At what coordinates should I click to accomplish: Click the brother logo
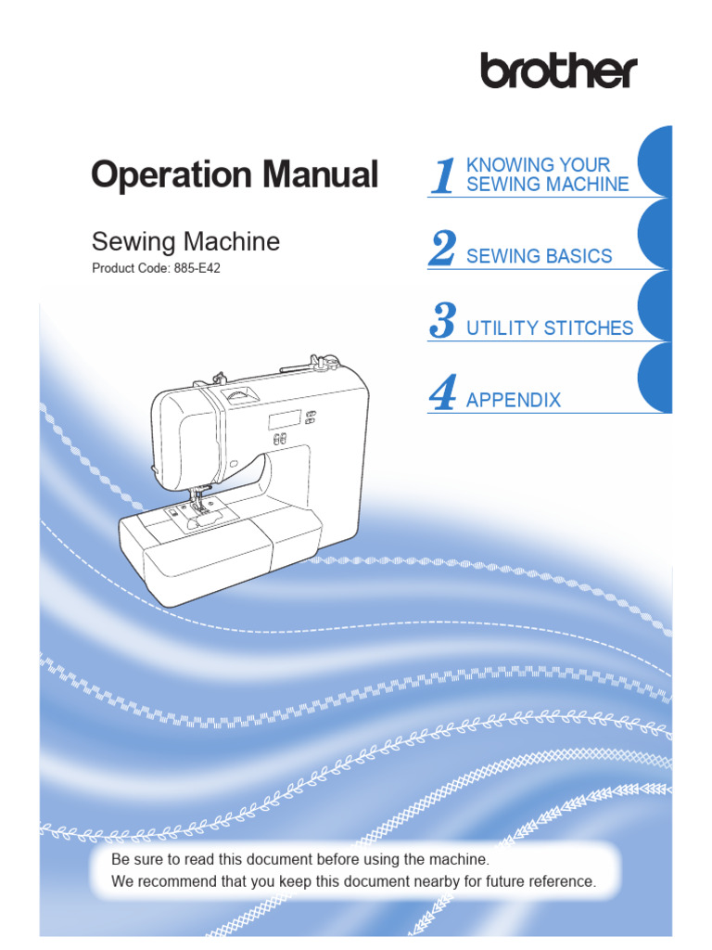pos(558,71)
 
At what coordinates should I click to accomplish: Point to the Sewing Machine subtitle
pos(185,242)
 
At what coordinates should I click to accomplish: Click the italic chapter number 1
pos(444,176)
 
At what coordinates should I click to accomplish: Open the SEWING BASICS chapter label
pos(539,256)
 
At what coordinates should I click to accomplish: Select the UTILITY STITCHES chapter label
pos(550,327)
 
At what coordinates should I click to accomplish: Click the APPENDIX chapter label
pos(514,400)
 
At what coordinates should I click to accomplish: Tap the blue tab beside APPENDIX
pos(656,379)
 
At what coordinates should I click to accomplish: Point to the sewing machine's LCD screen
pos(283,420)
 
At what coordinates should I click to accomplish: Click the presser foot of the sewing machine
pos(196,506)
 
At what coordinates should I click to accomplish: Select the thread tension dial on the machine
pos(240,396)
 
